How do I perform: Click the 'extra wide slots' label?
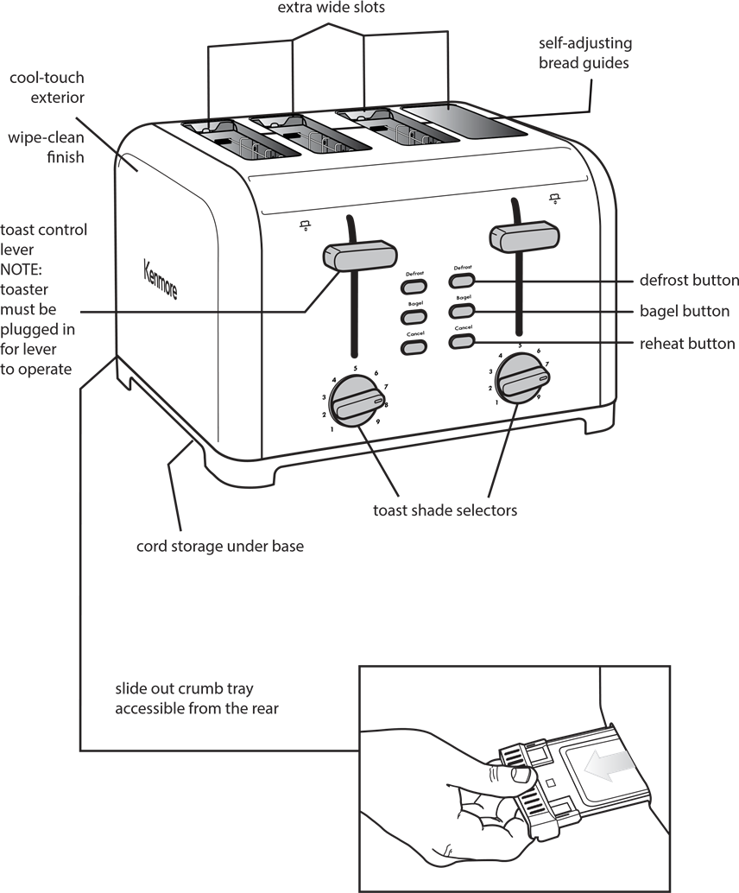click(332, 8)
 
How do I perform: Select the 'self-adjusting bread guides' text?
click(585, 53)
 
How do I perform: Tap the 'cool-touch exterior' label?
click(47, 87)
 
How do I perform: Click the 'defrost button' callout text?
click(688, 280)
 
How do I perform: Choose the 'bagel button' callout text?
click(684, 311)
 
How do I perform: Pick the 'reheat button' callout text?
click(687, 344)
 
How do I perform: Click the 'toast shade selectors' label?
click(445, 510)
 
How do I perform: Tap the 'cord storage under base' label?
click(220, 546)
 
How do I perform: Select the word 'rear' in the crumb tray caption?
click(261, 709)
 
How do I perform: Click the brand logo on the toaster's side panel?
click(160, 278)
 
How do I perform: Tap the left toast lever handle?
click(360, 256)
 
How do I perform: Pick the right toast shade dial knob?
click(521, 377)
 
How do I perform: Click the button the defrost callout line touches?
click(462, 281)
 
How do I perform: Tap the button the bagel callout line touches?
click(462, 310)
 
